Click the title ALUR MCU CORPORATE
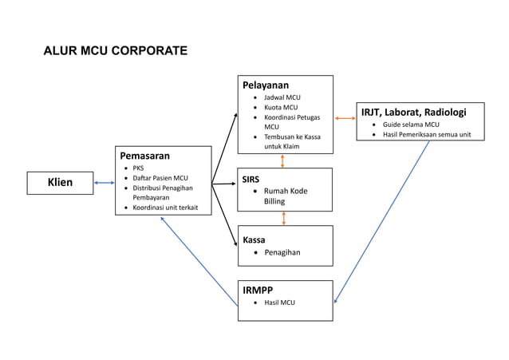coord(115,51)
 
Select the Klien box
coord(60,183)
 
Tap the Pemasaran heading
coord(144,156)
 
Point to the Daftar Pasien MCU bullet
coord(160,178)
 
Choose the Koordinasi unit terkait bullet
coord(165,208)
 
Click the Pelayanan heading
coord(265,85)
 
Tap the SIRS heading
coord(251,180)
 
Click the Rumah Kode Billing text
coord(285,196)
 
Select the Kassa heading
coord(254,239)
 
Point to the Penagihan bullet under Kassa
coord(282,252)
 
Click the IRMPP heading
coord(258,291)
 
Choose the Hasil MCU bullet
coord(279,303)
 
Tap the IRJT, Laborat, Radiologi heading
coord(413,112)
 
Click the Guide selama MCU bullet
coord(410,125)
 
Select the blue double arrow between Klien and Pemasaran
coord(104,183)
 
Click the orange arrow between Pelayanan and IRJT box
coord(345,118)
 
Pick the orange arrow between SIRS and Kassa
coord(284,218)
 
